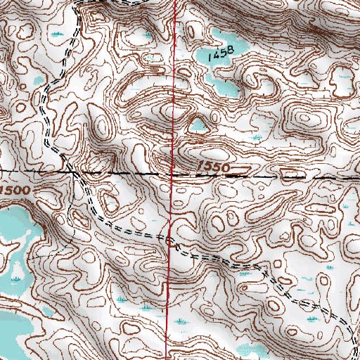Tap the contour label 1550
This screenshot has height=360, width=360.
[x=212, y=165]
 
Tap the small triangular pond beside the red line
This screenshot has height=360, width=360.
[x=196, y=126]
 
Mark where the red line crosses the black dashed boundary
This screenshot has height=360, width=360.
[x=174, y=172]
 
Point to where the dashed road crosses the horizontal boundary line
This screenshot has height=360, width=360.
[x=73, y=171]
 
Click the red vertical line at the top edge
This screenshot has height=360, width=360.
[x=176, y=3]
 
